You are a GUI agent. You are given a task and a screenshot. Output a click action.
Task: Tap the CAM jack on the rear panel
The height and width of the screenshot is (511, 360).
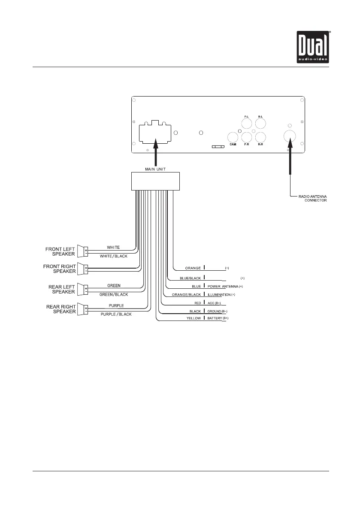(233, 137)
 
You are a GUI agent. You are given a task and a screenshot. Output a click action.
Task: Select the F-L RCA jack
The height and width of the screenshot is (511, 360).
(246, 124)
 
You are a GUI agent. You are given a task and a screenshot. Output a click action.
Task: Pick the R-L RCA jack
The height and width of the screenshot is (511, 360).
(260, 124)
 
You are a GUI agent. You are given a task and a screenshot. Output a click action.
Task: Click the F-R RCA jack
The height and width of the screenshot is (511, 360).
(246, 137)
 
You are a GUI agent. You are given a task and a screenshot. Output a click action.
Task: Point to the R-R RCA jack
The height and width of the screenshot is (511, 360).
(260, 137)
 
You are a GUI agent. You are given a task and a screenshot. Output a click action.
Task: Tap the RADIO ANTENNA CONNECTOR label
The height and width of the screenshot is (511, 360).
(313, 198)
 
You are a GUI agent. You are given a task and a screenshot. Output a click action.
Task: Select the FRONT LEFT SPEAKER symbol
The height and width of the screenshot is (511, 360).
(82, 251)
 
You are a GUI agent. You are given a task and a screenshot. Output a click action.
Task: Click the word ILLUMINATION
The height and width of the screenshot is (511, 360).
(219, 295)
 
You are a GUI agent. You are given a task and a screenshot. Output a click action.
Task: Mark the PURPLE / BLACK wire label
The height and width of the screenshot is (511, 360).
(116, 314)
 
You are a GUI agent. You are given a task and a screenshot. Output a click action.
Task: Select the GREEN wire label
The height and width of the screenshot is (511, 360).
(113, 285)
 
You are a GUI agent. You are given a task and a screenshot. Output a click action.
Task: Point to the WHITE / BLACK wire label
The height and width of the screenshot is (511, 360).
(114, 256)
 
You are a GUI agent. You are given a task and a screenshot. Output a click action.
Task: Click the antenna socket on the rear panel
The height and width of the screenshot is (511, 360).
(290, 136)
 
